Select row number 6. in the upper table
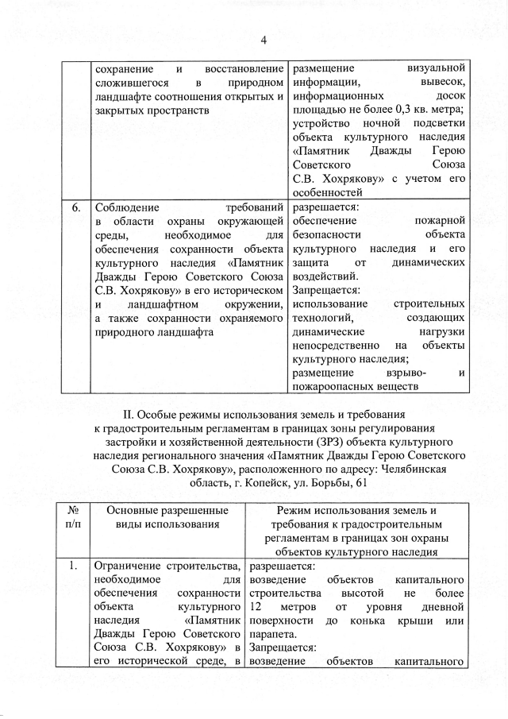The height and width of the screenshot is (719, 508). point(76,209)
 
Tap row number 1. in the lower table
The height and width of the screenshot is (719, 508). point(73,566)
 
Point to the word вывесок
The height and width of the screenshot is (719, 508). point(445,81)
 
